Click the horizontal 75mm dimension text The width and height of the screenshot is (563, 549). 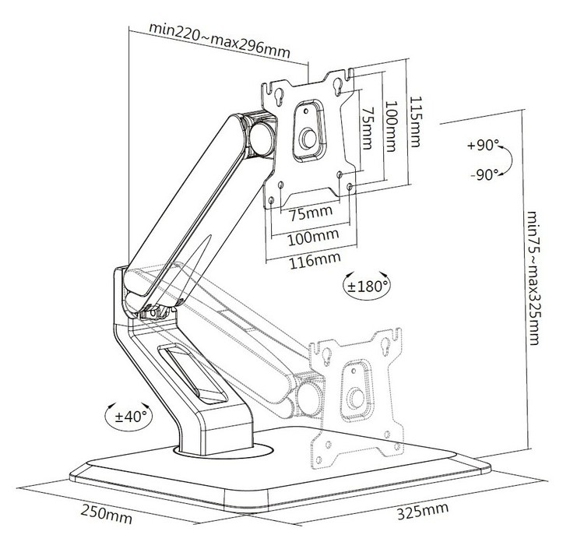307,213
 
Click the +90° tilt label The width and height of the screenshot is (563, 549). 482,146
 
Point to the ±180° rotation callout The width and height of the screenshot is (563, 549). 367,286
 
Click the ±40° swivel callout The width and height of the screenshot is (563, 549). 126,415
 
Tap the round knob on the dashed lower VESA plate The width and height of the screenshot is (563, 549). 357,397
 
